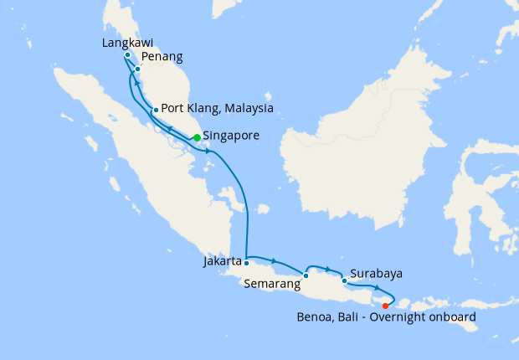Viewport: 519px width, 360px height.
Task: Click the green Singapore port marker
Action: (196, 137)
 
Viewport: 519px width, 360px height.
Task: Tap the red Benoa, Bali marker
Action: (385, 306)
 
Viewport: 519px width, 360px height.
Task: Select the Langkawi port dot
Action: (126, 55)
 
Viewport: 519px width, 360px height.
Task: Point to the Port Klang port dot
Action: (156, 110)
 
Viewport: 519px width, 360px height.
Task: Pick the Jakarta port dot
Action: (246, 263)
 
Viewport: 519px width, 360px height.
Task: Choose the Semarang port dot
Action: (306, 275)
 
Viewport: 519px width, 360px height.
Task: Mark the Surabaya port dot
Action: (344, 281)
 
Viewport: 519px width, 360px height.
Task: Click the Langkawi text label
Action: (125, 42)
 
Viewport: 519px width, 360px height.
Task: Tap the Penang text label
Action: (162, 57)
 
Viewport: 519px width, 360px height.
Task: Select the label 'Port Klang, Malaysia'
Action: (217, 108)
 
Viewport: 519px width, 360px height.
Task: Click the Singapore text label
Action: (230, 135)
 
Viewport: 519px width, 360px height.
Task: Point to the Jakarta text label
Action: (223, 261)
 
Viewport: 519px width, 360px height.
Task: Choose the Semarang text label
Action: (272, 285)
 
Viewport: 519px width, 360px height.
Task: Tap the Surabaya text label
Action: (377, 273)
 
